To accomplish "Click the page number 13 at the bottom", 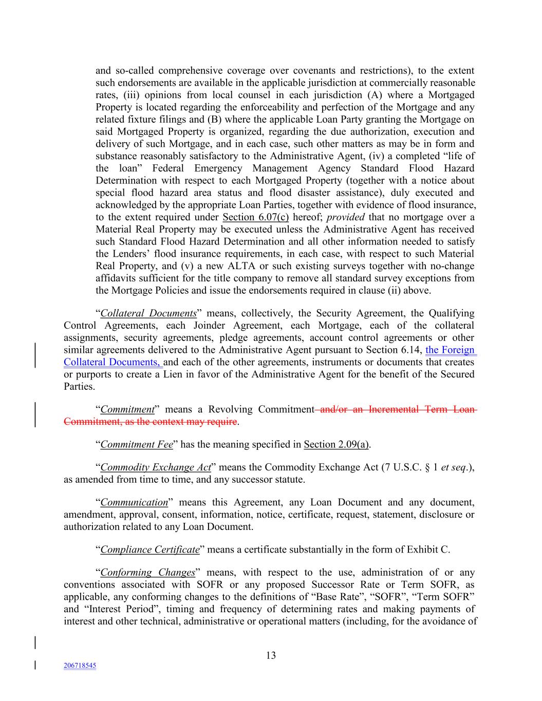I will (x=271, y=655).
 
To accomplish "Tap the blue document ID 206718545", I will (x=80, y=666).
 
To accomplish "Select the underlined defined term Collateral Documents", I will (x=148, y=313).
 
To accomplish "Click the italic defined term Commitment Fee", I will (x=136, y=445).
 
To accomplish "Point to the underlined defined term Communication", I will (x=134, y=502).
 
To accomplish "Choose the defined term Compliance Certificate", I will (x=149, y=550).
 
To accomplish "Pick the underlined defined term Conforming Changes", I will (x=147, y=572).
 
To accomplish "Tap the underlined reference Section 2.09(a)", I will (x=337, y=445).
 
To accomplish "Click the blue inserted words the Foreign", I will (x=450, y=350).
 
